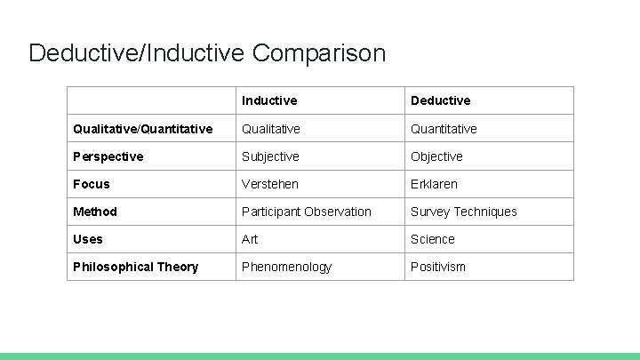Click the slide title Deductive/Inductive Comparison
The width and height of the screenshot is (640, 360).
(207, 52)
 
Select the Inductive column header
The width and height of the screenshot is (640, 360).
(269, 100)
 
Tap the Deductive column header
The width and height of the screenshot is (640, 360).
(440, 100)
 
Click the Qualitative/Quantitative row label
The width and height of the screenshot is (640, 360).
(143, 129)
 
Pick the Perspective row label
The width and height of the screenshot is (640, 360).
(108, 156)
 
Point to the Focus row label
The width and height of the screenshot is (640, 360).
(92, 184)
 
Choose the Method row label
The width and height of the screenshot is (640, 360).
(95, 212)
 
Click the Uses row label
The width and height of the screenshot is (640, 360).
(88, 239)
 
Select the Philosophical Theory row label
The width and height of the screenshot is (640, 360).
(135, 267)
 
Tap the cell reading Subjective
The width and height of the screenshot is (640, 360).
(270, 156)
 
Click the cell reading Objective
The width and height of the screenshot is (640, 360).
(436, 156)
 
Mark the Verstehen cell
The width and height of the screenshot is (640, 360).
(270, 184)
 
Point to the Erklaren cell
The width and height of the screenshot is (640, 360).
(434, 184)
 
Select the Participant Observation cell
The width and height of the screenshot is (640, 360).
(307, 212)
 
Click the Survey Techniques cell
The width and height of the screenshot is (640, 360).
(463, 212)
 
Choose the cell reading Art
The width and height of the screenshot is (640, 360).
(250, 239)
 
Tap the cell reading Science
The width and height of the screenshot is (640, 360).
(432, 239)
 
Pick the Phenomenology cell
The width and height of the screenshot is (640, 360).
(286, 267)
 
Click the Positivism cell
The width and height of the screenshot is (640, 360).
(437, 267)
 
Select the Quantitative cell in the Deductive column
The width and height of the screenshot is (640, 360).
(444, 129)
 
